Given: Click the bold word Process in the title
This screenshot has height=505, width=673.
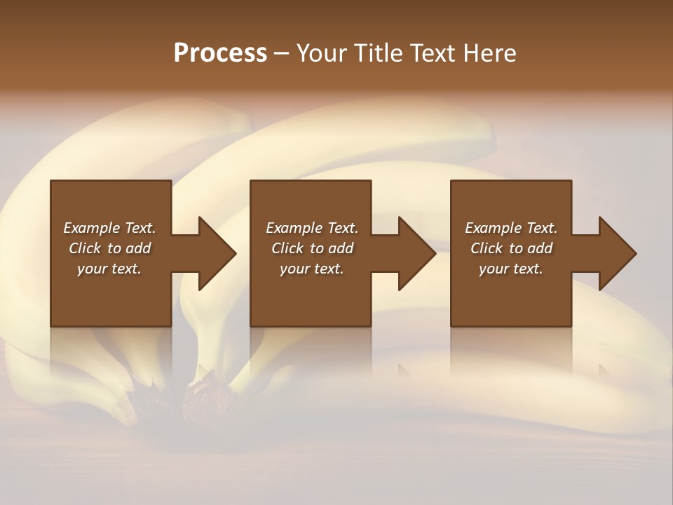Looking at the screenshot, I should click(x=220, y=53).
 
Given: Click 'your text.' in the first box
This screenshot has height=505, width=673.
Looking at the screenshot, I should click(x=109, y=269).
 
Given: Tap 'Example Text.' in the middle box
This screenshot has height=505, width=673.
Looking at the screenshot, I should click(x=312, y=228).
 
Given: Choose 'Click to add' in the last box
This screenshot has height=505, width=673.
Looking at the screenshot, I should click(x=512, y=248).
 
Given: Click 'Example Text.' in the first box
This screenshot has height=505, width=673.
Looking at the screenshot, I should click(x=109, y=228).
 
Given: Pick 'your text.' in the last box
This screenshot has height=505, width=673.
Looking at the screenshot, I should click(x=511, y=269).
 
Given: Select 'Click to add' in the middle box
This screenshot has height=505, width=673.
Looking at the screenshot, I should click(x=312, y=248).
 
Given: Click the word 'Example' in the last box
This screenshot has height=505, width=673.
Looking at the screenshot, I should click(x=494, y=228).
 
